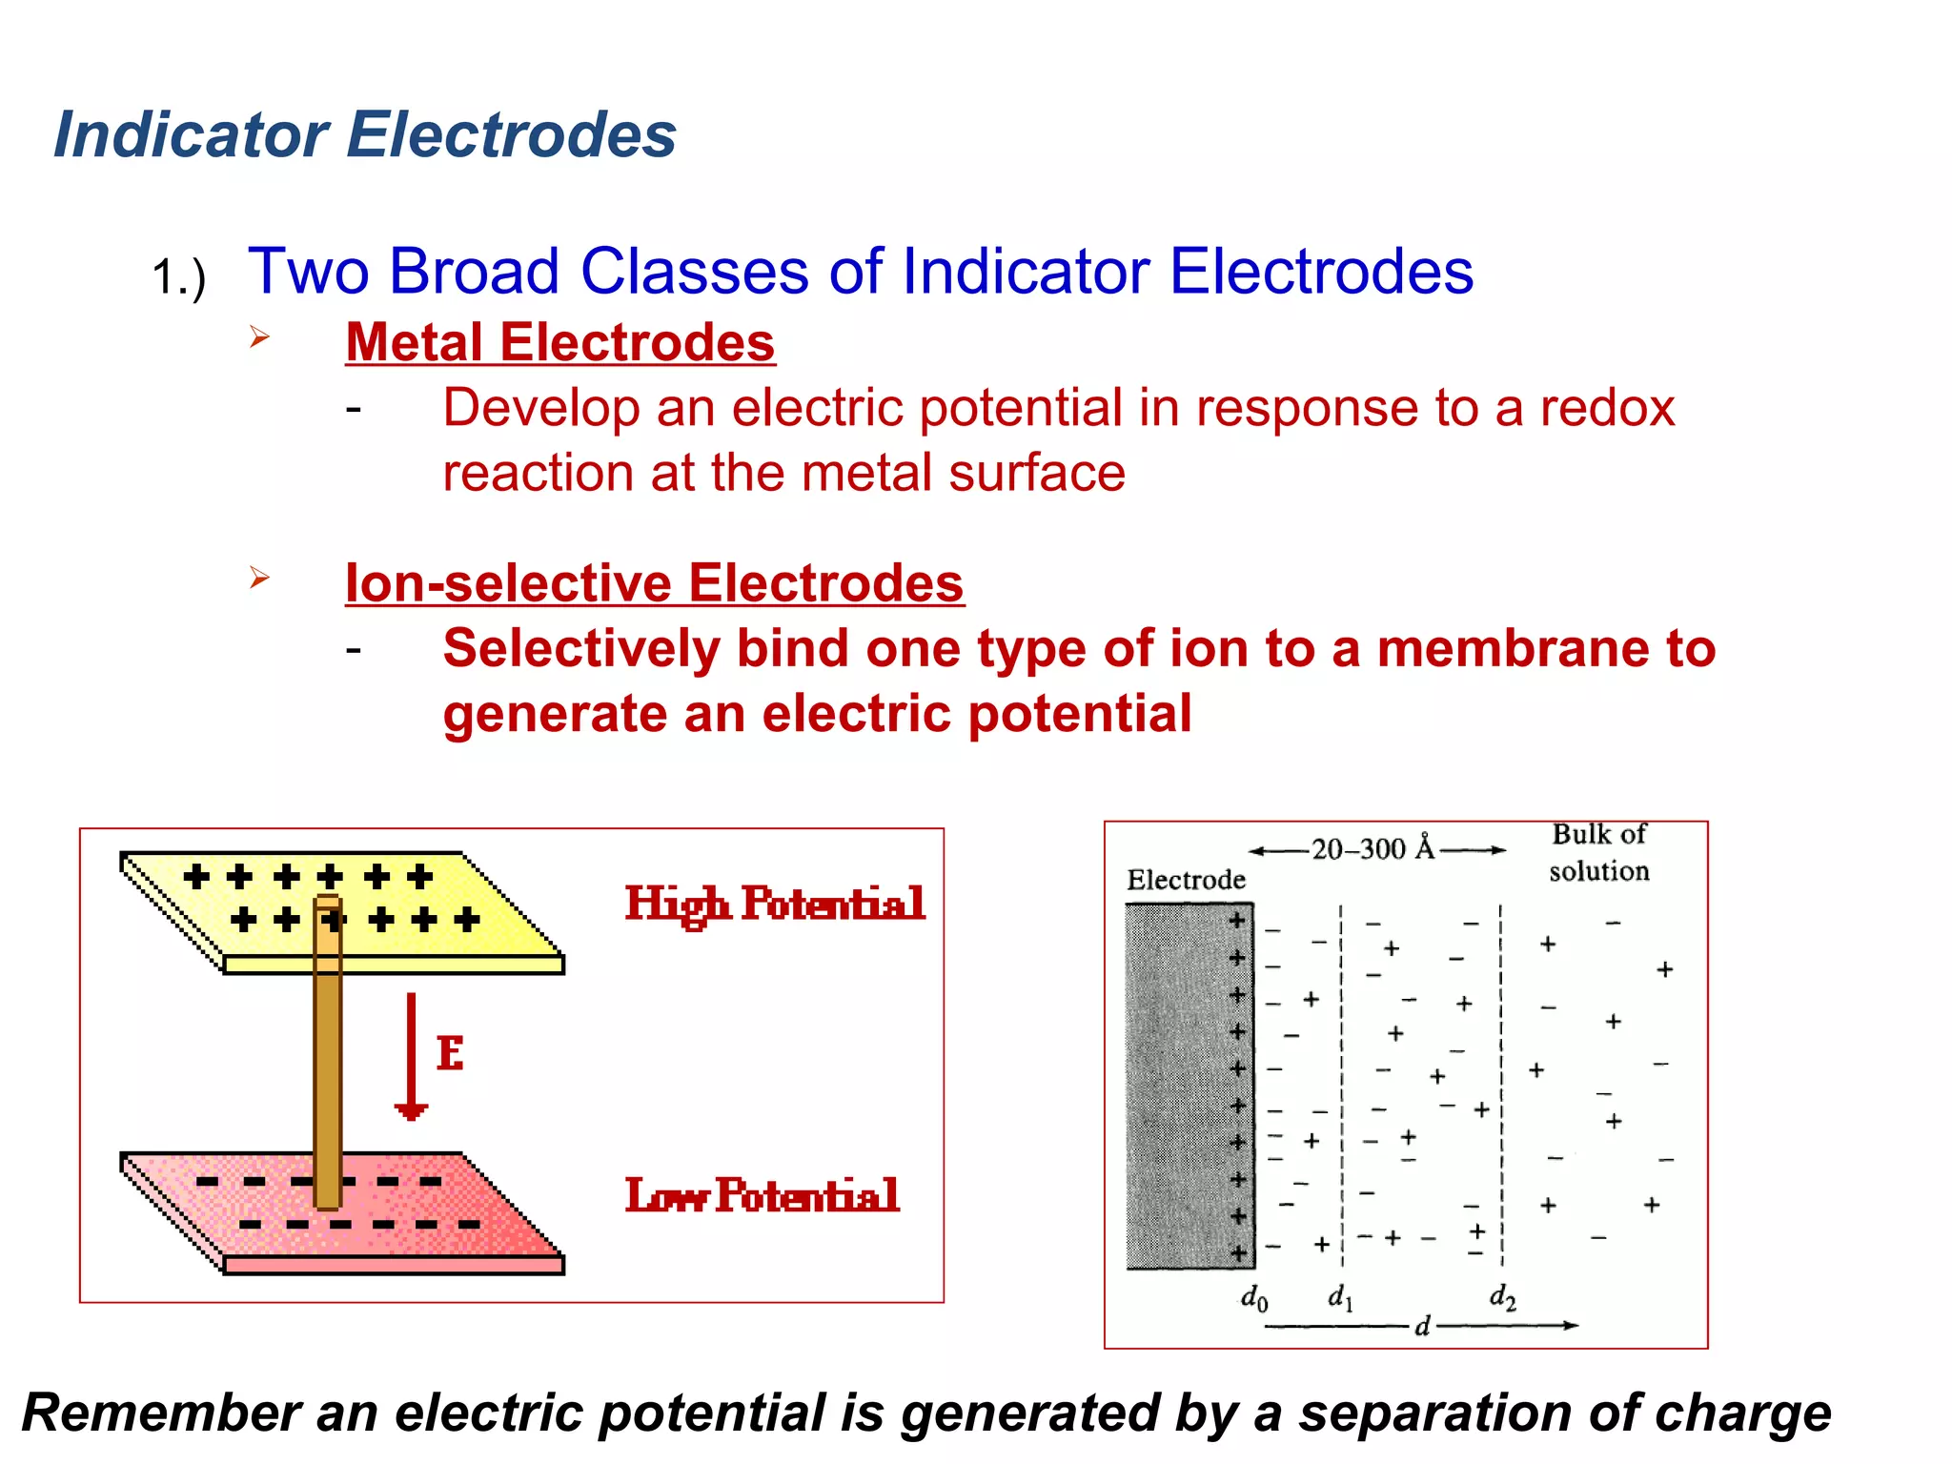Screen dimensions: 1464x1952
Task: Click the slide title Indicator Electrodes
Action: pyautogui.click(x=364, y=134)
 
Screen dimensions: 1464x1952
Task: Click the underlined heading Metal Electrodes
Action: pyautogui.click(x=559, y=342)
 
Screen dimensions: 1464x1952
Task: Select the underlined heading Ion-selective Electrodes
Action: pyautogui.click(x=654, y=582)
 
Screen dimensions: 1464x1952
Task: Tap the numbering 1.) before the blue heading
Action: pyautogui.click(x=178, y=278)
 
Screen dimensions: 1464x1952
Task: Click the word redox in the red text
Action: pyautogui.click(x=1607, y=408)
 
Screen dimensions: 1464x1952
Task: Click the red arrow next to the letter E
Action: pyautogui.click(x=411, y=1055)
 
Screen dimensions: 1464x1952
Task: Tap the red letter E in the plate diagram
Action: pyautogui.click(x=450, y=1053)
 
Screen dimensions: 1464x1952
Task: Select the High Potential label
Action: pyautogui.click(x=774, y=903)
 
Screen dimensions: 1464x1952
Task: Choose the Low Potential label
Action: pyautogui.click(x=762, y=1194)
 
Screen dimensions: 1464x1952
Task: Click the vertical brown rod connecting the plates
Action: pyautogui.click(x=327, y=1058)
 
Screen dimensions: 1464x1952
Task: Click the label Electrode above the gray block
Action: pyautogui.click(x=1186, y=879)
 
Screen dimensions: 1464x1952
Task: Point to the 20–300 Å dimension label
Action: pyautogui.click(x=1372, y=847)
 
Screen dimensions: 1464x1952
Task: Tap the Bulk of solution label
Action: pyautogui.click(x=1598, y=852)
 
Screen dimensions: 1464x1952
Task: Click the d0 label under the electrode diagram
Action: pyautogui.click(x=1253, y=1298)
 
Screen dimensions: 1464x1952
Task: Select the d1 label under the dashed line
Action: pyautogui.click(x=1340, y=1296)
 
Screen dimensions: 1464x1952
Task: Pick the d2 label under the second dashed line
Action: pyautogui.click(x=1502, y=1296)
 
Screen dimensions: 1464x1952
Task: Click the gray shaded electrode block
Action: pyautogui.click(x=1177, y=1087)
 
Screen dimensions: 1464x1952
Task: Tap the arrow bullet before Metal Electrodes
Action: pyautogui.click(x=259, y=336)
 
